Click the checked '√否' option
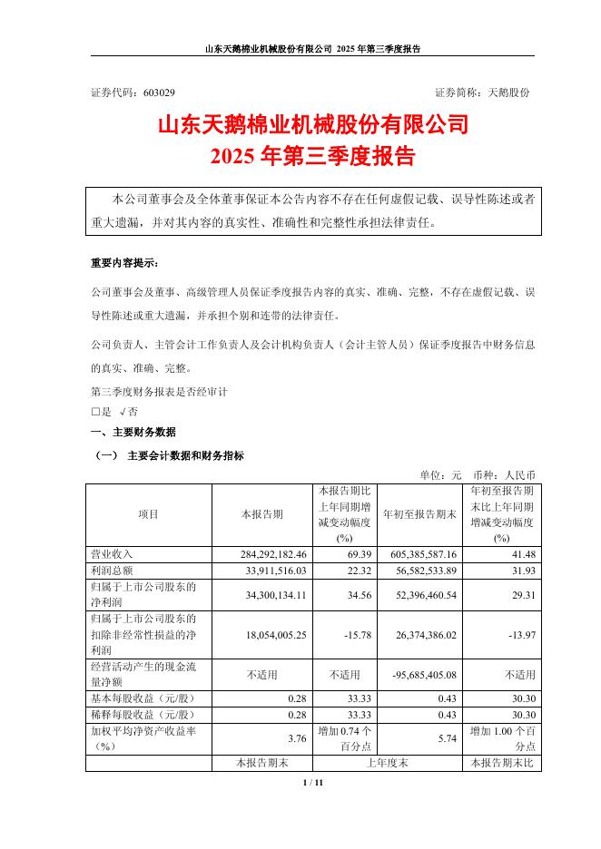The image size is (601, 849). tap(128, 411)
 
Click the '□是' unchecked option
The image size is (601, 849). tap(101, 411)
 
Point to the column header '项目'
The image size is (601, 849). tap(149, 514)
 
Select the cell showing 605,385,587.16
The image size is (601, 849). tap(419, 552)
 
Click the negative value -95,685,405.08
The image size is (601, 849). tap(417, 675)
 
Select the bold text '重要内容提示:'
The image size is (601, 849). tap(123, 264)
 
